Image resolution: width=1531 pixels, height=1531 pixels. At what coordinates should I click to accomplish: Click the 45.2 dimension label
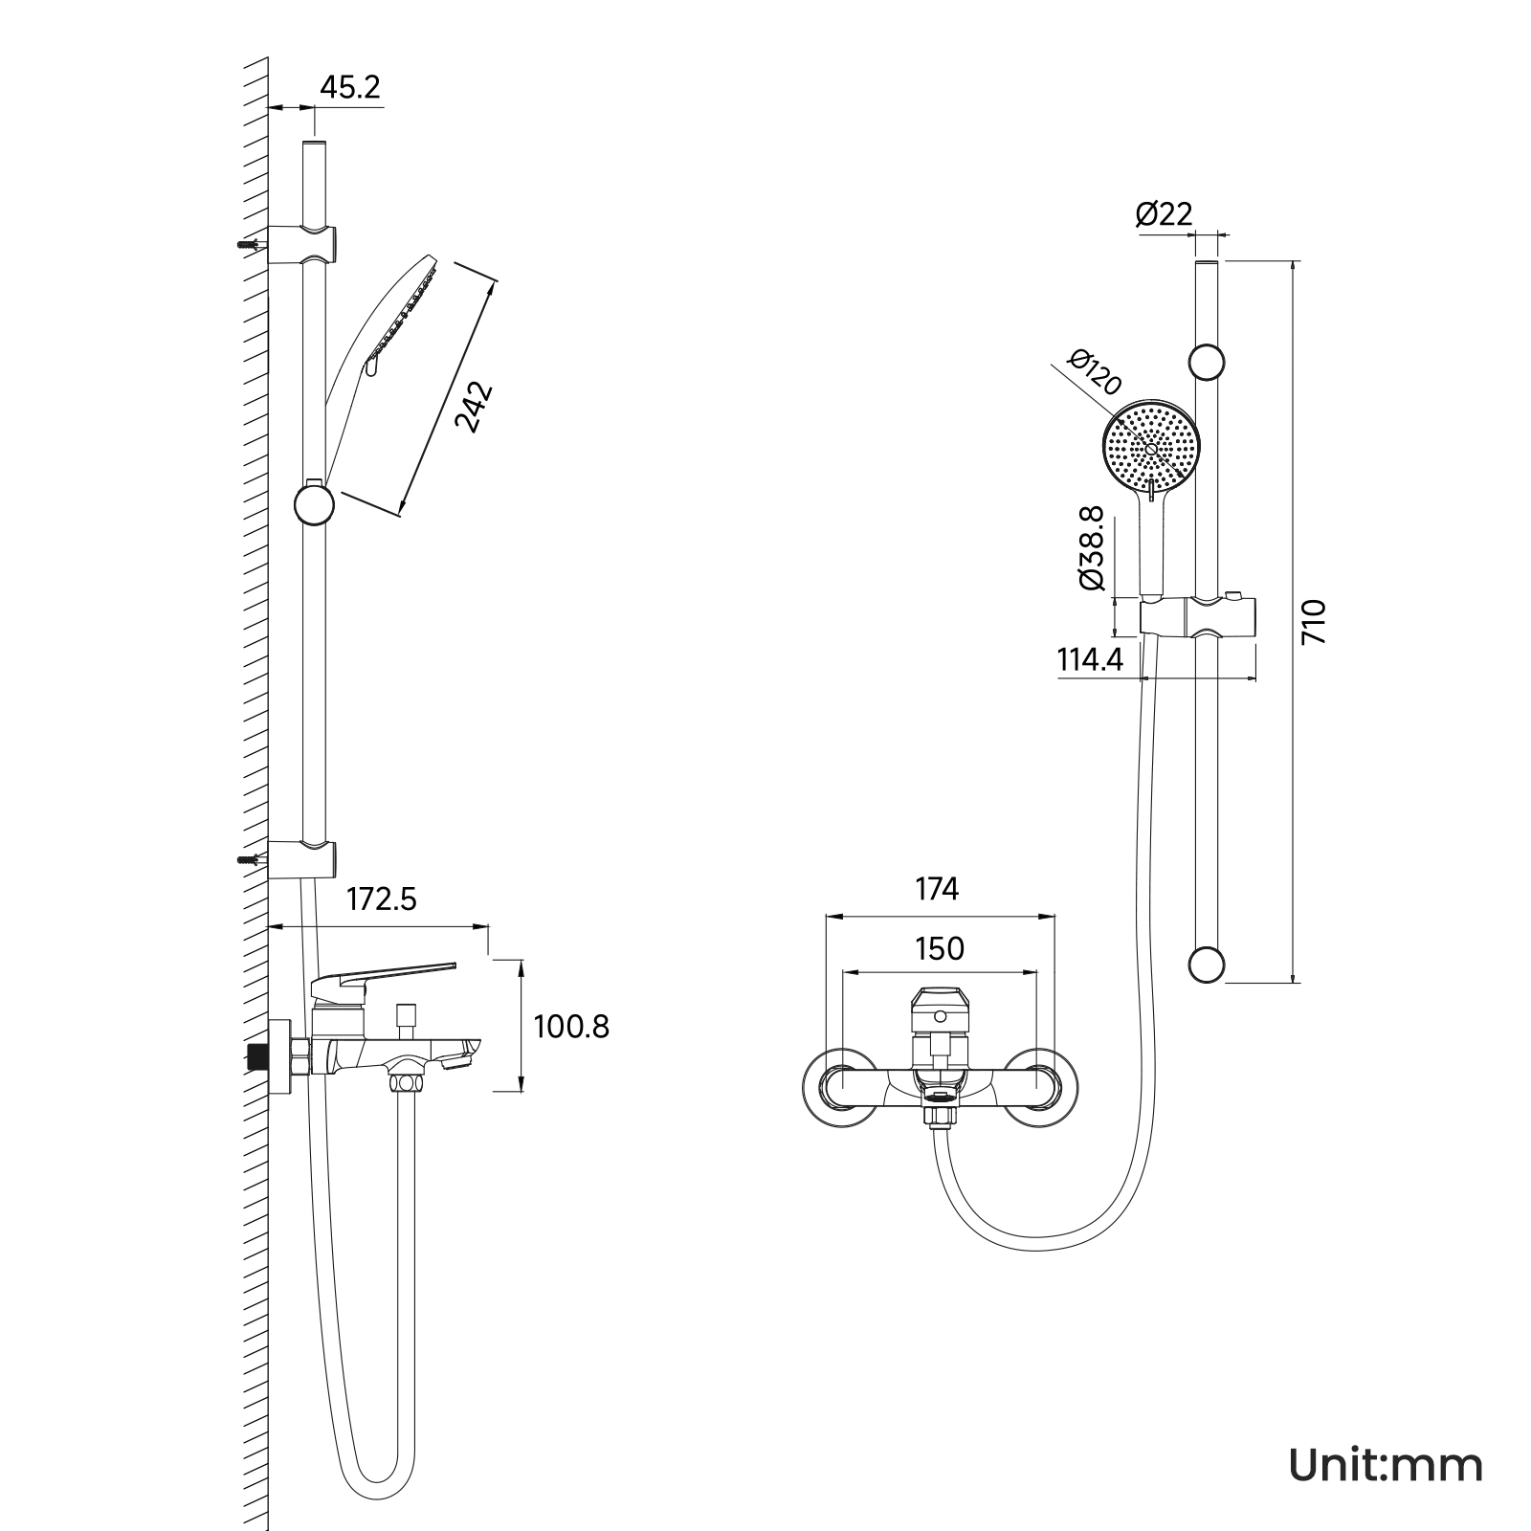click(x=349, y=87)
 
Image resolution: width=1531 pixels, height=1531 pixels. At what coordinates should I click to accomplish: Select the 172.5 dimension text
click(x=382, y=899)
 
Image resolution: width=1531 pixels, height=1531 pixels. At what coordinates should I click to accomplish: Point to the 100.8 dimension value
click(x=571, y=1027)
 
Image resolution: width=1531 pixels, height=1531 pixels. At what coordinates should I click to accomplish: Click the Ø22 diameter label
click(x=1165, y=213)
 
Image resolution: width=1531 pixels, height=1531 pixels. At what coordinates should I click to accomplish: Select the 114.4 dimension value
click(x=1090, y=659)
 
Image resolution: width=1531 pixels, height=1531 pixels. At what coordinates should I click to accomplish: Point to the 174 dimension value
click(x=937, y=889)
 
